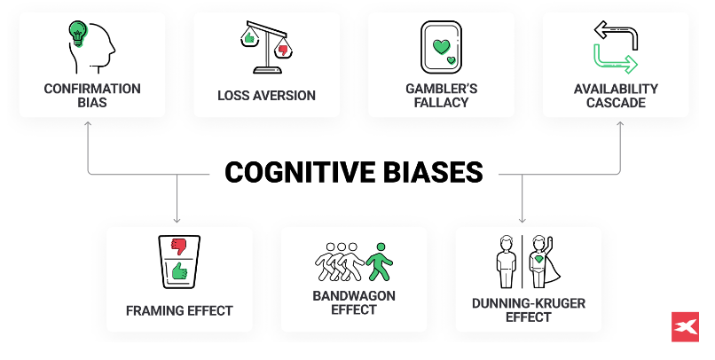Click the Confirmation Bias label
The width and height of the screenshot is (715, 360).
[92, 96]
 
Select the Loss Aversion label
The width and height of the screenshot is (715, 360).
[266, 95]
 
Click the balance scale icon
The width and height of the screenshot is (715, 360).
[266, 49]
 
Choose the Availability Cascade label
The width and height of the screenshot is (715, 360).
[616, 96]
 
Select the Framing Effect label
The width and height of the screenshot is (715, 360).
[179, 311]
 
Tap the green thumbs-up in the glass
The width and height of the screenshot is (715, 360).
[180, 270]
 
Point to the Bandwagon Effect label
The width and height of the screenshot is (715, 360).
[354, 302]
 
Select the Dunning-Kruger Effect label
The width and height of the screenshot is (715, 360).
[528, 309]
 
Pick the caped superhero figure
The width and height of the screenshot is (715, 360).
[540, 262]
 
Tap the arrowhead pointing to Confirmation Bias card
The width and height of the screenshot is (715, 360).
[88, 125]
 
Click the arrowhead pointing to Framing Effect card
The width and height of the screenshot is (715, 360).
[177, 219]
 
